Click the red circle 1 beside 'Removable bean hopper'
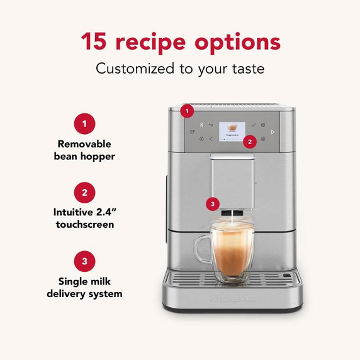(x=84, y=123)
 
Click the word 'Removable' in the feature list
(x=84, y=143)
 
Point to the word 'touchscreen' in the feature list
(x=84, y=225)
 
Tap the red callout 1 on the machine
(x=186, y=111)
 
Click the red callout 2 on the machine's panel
(x=250, y=142)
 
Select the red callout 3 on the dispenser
(x=213, y=203)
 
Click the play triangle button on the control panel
(x=273, y=132)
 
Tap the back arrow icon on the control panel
(x=212, y=125)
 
